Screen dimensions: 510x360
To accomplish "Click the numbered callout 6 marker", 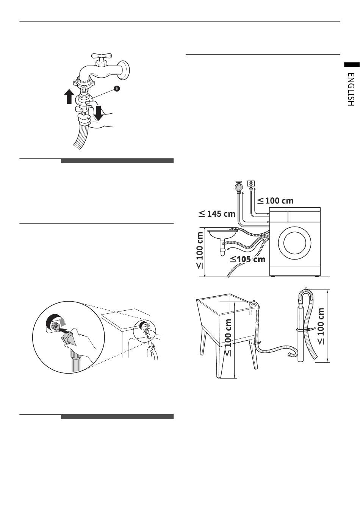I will click(x=117, y=88).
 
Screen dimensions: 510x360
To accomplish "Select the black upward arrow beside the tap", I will click(x=69, y=96).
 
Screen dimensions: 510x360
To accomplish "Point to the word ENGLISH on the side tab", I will click(x=351, y=89).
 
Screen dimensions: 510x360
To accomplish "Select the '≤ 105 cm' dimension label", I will click(x=248, y=260).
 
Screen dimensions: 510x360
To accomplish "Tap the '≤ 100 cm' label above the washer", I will click(x=275, y=200).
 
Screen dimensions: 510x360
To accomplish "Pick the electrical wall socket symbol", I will click(x=251, y=184).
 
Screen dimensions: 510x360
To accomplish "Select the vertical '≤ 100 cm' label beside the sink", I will click(x=200, y=250).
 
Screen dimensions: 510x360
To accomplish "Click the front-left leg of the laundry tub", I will click(x=219, y=360).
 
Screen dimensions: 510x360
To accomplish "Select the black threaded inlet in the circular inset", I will click(x=54, y=322).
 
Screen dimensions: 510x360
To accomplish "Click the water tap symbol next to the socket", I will click(x=238, y=187).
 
